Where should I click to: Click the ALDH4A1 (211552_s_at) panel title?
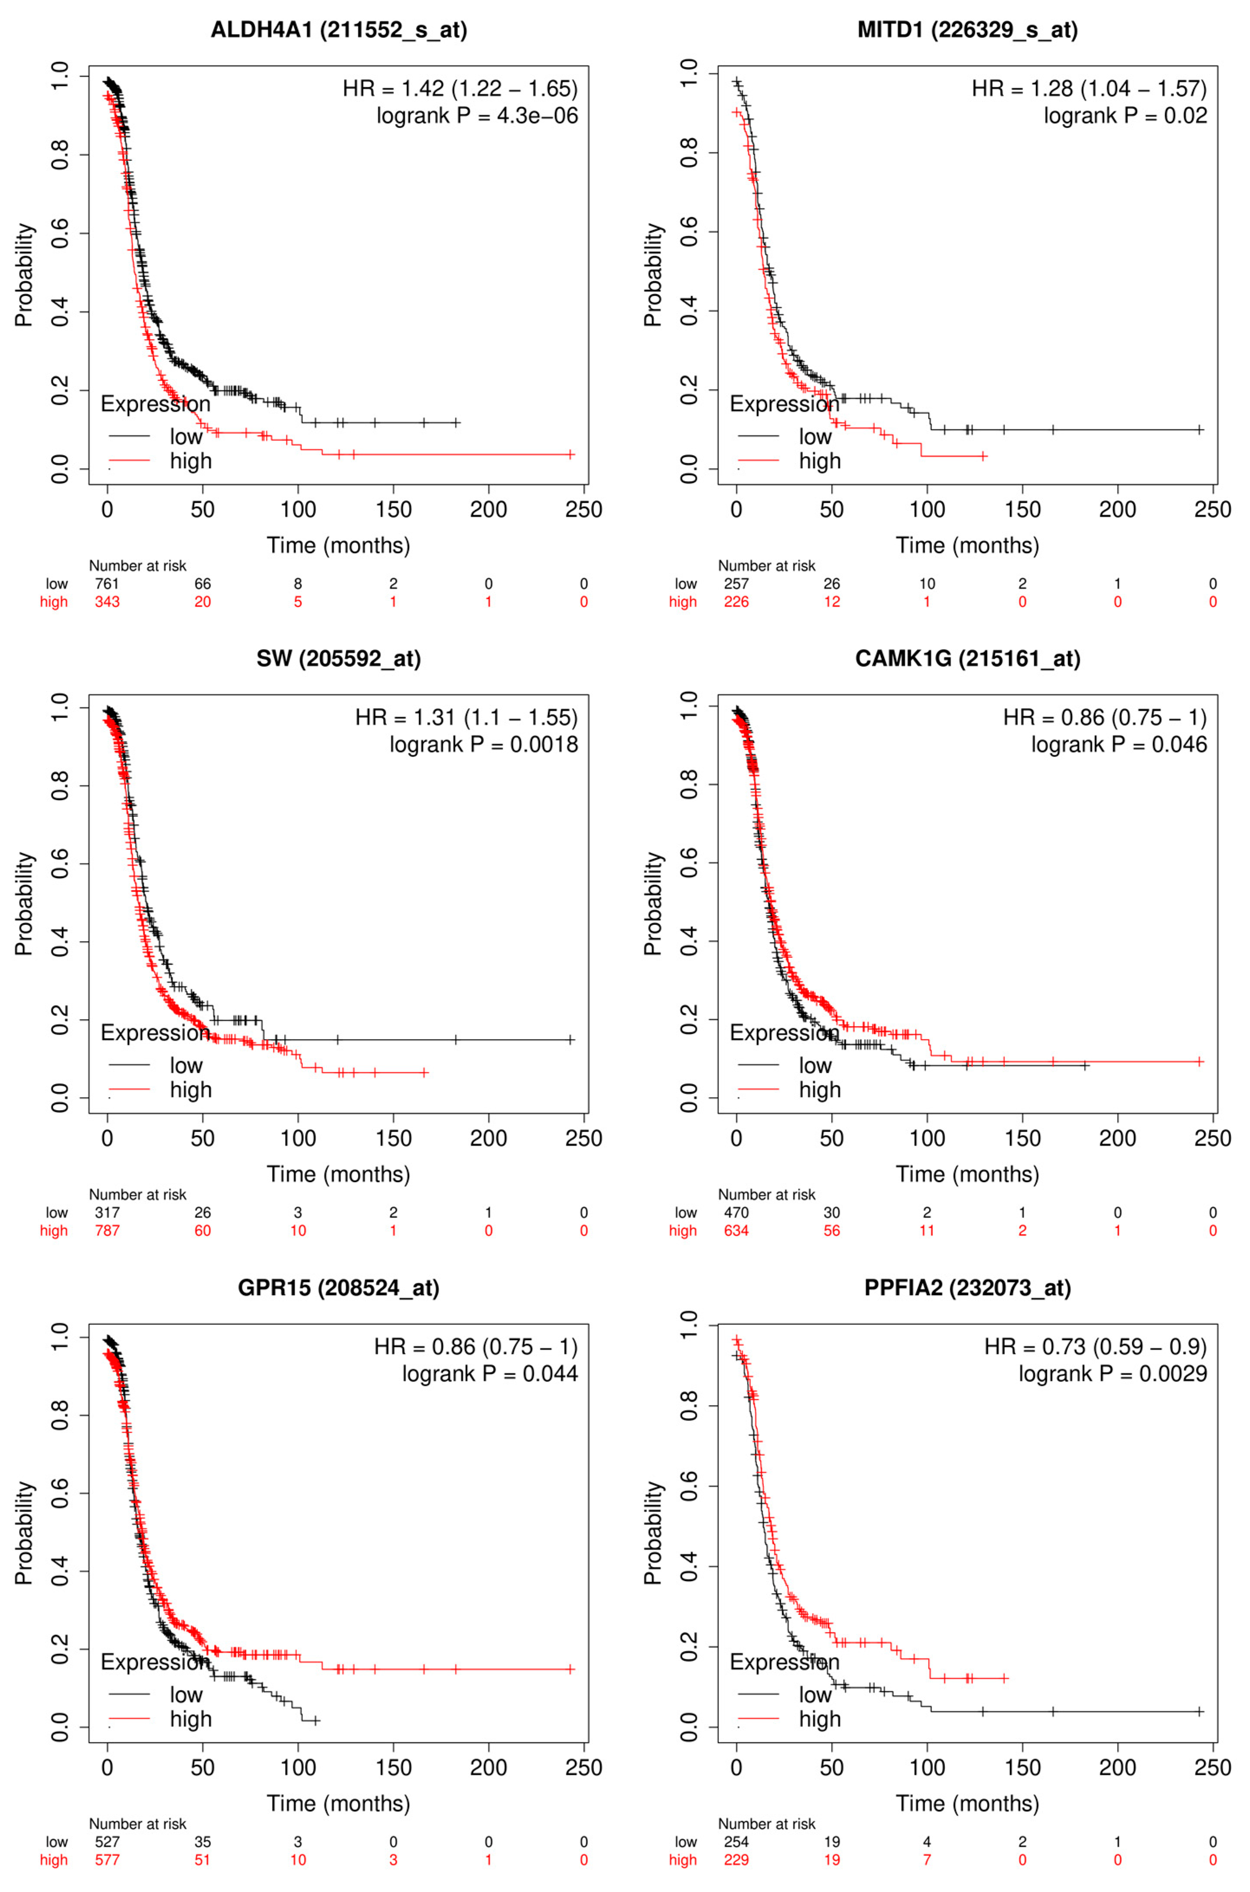pyautogui.click(x=339, y=30)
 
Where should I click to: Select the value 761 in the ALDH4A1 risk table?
pyautogui.click(x=107, y=583)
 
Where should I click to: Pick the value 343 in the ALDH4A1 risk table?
pyautogui.click(x=107, y=602)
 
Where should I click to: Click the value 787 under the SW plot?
pyautogui.click(x=107, y=1231)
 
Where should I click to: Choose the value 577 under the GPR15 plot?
pyautogui.click(x=107, y=1860)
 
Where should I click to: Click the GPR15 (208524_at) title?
pyautogui.click(x=339, y=1288)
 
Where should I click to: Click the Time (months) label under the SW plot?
pyautogui.click(x=339, y=1174)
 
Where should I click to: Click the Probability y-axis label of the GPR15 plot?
pyautogui.click(x=24, y=1532)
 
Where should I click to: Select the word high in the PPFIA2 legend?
pyautogui.click(x=819, y=1719)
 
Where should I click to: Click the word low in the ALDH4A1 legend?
pyautogui.click(x=186, y=437)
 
